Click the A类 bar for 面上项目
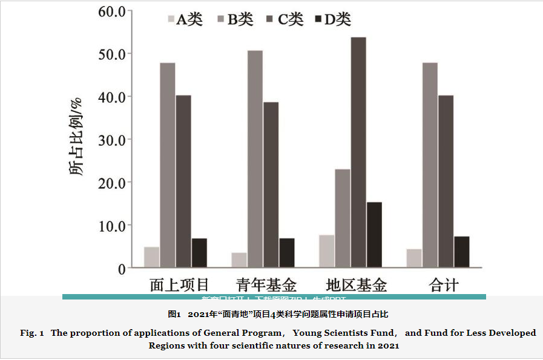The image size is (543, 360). pos(151,257)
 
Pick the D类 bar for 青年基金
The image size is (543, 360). pos(287,252)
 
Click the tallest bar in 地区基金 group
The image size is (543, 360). pos(358,152)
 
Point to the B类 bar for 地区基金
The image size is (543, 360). pos(343,218)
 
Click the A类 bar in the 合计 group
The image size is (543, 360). pos(414,258)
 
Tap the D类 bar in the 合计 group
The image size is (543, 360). pos(461,252)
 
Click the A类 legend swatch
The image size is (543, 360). pos(171,19)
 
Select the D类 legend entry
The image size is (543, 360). pos(333,19)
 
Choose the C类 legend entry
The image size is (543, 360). pos(285,19)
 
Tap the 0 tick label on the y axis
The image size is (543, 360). pos(121,268)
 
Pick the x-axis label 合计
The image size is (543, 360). pos(444,285)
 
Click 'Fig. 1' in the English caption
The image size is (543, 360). pos(28,333)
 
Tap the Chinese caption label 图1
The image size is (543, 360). pos(174,315)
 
